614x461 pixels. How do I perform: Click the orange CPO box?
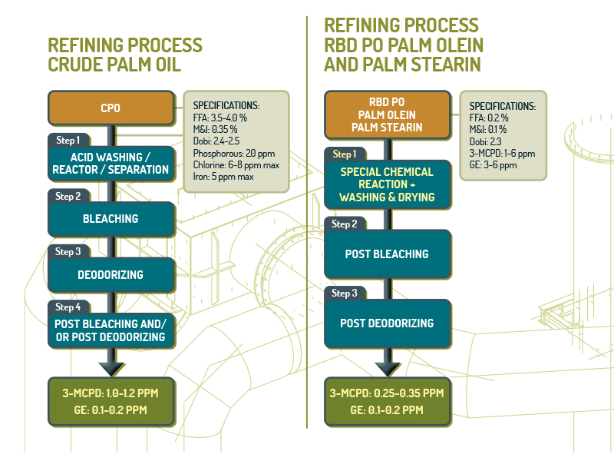coord(111,108)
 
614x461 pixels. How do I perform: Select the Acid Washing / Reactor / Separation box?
coord(111,164)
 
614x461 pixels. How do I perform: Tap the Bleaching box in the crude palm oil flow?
coord(111,219)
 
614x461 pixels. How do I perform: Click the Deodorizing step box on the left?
coord(111,274)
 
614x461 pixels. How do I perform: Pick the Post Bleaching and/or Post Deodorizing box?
coord(111,330)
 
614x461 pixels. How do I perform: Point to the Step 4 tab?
coord(69,307)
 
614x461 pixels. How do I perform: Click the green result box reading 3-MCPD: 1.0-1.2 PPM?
coord(111,402)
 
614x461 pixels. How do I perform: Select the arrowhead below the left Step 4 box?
coord(111,370)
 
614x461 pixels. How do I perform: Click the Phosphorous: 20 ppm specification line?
coord(234,154)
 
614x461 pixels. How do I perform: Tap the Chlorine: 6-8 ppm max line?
coord(236,165)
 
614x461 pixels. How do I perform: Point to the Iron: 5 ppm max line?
coord(223,177)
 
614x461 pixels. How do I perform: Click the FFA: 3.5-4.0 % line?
coord(220,118)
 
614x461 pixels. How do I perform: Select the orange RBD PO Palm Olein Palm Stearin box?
coord(388,114)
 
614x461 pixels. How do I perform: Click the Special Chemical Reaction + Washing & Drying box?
coord(388,184)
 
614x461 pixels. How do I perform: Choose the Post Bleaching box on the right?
coord(388,254)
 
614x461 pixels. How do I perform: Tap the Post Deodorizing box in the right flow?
coord(388,323)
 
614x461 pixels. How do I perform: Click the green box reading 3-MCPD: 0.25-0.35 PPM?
coord(388,402)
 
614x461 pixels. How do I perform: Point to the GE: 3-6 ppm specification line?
coord(493,165)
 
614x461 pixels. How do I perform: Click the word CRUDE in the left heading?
coord(74,65)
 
